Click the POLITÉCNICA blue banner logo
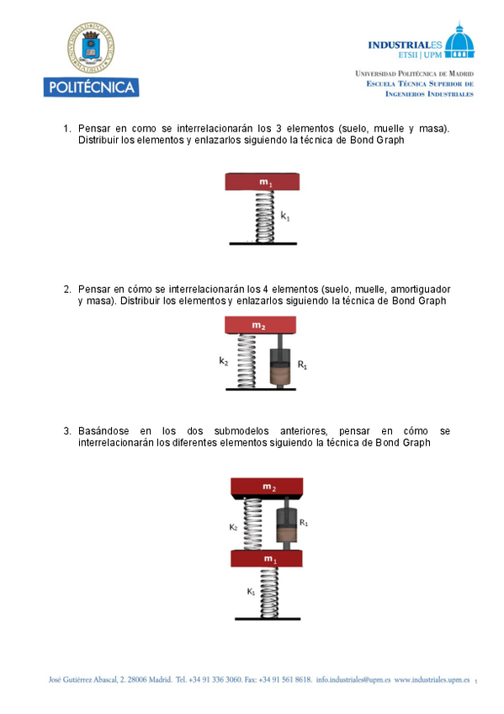tap(92, 87)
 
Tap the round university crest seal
tap(91, 47)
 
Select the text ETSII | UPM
tap(420, 55)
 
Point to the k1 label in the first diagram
tap(285, 216)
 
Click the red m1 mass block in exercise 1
tap(262, 182)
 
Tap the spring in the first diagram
tap(265, 216)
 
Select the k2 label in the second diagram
tap(223, 361)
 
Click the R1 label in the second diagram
tap(302, 365)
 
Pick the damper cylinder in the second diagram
tap(280, 367)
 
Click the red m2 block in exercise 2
tap(260, 325)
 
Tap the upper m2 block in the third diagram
tap(267, 488)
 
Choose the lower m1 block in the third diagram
tap(267, 558)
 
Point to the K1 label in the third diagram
tap(251, 592)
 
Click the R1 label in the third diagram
tap(304, 522)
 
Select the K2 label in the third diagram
tap(233, 527)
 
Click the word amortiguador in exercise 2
tap(421, 289)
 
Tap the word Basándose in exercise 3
tap(103, 431)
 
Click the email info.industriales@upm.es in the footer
tap(353, 679)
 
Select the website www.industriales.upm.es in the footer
tap(432, 679)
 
